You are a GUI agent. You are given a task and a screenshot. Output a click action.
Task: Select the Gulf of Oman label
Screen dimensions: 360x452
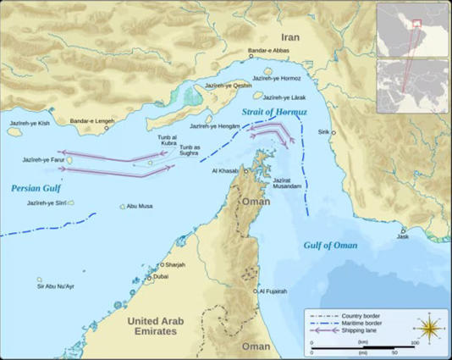(x=330, y=245)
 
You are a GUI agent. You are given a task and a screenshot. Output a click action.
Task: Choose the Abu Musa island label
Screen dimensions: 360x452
(x=140, y=206)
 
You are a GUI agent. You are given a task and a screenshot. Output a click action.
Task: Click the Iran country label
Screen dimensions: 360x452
(x=290, y=25)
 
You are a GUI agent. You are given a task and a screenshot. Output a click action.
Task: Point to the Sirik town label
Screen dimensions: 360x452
(x=322, y=132)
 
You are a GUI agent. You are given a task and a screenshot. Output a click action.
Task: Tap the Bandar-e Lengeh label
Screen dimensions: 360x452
(x=92, y=121)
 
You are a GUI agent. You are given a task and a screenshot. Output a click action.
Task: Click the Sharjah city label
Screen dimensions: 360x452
(x=172, y=265)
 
